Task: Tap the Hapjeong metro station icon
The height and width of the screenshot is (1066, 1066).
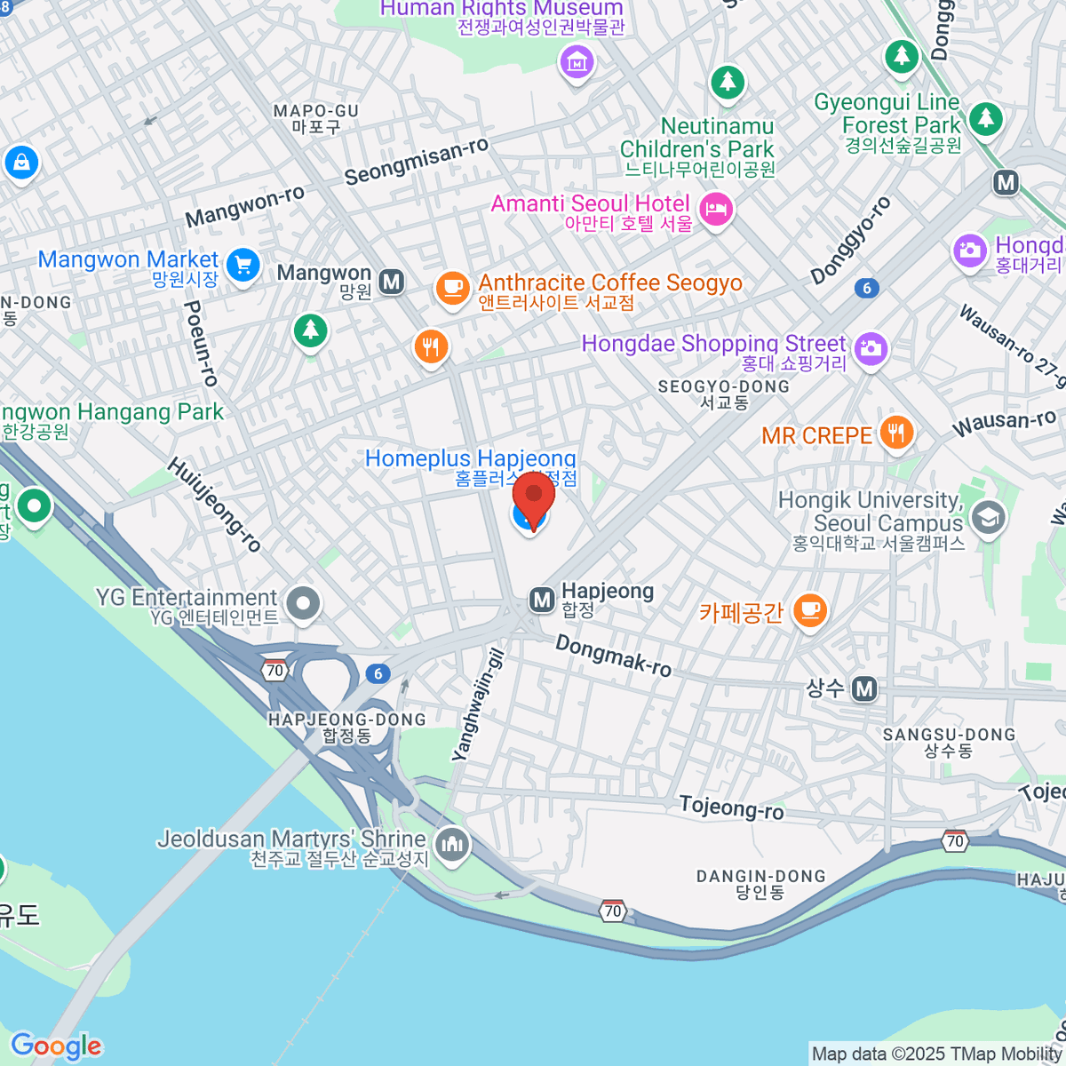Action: click(542, 601)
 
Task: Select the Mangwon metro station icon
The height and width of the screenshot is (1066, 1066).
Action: click(391, 282)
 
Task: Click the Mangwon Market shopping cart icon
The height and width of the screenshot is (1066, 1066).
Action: click(242, 265)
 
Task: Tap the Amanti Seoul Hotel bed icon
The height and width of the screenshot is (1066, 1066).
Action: click(715, 209)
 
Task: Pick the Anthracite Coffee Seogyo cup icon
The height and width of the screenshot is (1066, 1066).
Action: click(452, 288)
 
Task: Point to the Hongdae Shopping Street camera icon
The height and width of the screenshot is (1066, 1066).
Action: click(871, 347)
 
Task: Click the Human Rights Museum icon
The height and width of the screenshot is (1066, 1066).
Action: click(577, 62)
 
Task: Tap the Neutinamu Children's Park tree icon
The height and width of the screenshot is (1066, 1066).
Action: click(728, 83)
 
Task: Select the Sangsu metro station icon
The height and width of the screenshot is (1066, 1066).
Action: click(864, 688)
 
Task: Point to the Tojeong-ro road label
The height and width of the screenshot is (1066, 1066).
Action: click(731, 807)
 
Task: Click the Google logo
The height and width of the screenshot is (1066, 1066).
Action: click(56, 1046)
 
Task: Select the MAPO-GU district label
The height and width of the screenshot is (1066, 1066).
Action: click(316, 118)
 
